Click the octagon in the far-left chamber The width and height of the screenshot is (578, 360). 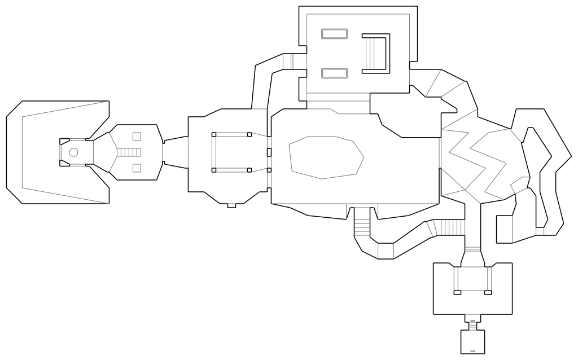(x=73, y=152)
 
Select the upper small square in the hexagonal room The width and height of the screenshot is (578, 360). (x=137, y=136)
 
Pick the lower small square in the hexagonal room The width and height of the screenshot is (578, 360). (x=137, y=168)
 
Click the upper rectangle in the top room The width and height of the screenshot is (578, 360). (x=334, y=34)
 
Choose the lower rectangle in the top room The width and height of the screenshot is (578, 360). (x=334, y=73)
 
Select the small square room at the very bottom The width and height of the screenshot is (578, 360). (x=473, y=341)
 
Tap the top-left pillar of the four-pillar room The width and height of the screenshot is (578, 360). (x=213, y=134)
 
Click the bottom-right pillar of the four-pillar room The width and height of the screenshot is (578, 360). (x=249, y=170)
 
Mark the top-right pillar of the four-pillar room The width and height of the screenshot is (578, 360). (x=249, y=134)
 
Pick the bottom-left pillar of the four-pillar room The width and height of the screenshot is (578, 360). (x=213, y=170)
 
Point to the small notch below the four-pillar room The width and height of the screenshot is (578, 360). (x=231, y=205)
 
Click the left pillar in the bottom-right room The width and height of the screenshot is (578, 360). (x=457, y=292)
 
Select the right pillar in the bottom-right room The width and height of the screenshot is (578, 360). (x=488, y=292)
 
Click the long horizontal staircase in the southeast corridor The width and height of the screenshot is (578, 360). (x=450, y=227)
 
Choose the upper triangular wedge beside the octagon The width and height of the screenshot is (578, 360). (x=64, y=141)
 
